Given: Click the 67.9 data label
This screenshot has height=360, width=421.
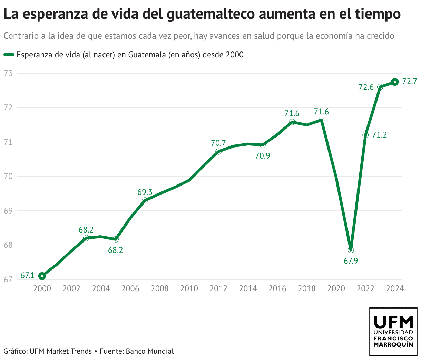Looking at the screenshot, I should (x=351, y=261).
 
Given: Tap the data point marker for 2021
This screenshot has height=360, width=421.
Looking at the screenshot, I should (x=351, y=250).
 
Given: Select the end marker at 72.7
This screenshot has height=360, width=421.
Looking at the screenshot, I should (x=395, y=82).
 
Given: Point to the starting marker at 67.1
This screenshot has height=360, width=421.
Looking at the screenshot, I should (x=42, y=276).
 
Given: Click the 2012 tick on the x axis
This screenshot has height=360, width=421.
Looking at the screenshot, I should (x=218, y=288).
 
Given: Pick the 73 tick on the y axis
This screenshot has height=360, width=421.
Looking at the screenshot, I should (x=8, y=73).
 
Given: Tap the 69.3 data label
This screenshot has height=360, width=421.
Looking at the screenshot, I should (x=145, y=192).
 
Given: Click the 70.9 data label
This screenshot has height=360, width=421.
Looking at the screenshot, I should (x=263, y=156).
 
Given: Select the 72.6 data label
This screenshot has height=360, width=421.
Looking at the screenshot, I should (x=366, y=87).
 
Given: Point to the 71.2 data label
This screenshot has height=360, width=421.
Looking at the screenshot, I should (x=379, y=135).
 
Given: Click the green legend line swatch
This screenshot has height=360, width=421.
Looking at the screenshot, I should (x=9, y=55).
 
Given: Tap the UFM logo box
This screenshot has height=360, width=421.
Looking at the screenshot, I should (x=393, y=331).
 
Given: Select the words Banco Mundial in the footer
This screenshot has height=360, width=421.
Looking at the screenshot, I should (x=149, y=351).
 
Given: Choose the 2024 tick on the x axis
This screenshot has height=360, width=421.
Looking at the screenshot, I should (x=395, y=288).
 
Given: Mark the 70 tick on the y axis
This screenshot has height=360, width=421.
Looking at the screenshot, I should (x=8, y=176).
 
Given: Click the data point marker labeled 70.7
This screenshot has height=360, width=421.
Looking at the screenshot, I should (x=218, y=152).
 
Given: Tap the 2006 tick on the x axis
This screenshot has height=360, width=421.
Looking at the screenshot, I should (x=130, y=288).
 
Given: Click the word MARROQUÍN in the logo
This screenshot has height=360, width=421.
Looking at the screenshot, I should (x=393, y=345).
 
